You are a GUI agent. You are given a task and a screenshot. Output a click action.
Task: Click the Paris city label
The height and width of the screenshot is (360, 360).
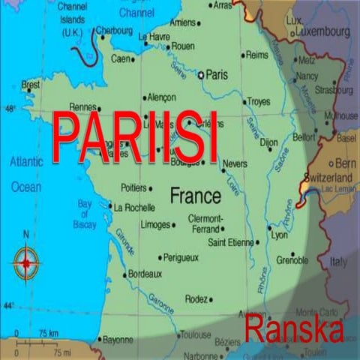(217, 75)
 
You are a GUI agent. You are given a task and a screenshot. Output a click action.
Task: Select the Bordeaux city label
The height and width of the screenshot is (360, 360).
(145, 274)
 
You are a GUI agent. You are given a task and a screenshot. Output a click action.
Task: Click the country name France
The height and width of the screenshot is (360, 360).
(195, 196)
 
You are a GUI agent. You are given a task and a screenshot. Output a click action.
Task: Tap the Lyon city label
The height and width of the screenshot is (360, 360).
(279, 235)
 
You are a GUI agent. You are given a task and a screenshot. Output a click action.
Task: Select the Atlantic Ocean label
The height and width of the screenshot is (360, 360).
(26, 174)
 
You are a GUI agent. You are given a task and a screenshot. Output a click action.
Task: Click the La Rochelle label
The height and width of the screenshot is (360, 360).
(134, 207)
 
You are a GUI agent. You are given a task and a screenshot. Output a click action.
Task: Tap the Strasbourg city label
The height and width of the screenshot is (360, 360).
(334, 90)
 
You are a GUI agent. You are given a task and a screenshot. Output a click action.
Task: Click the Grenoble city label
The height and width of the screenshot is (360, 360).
(292, 262)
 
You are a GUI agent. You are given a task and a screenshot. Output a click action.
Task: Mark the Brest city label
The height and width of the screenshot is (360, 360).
(31, 85)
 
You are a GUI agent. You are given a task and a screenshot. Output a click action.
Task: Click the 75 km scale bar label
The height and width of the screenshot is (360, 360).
(49, 333)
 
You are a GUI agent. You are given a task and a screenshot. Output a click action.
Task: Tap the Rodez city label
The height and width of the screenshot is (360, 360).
(197, 298)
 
